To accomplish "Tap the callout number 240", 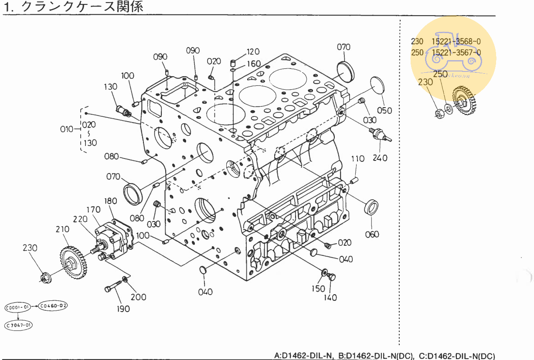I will (x=380, y=158).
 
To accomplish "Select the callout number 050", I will (x=384, y=110).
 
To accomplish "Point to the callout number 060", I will (x=372, y=234).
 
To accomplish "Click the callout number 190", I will (x=123, y=309).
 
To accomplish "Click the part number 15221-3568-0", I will (x=456, y=41).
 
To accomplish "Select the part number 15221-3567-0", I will (x=456, y=52).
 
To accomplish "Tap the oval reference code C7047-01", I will (x=19, y=325).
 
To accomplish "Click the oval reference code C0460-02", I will (x=53, y=306).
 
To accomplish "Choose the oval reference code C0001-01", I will (x=17, y=308).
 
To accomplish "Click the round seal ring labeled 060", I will (x=371, y=207).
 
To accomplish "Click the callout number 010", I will (x=67, y=129).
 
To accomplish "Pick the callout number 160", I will (x=254, y=64).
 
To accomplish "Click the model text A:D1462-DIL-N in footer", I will (x=304, y=356).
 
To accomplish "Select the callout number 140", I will (x=330, y=298).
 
